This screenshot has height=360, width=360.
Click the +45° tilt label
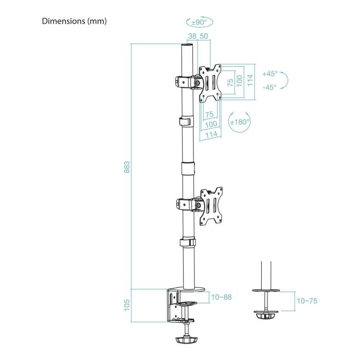click(x=269, y=74)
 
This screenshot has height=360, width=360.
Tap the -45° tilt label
click(x=269, y=87)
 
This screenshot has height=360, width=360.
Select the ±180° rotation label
click(x=239, y=122)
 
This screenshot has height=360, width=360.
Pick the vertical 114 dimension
click(x=250, y=80)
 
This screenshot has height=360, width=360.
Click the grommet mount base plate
click(x=266, y=311)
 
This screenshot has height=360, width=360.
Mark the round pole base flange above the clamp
click(x=189, y=289)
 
